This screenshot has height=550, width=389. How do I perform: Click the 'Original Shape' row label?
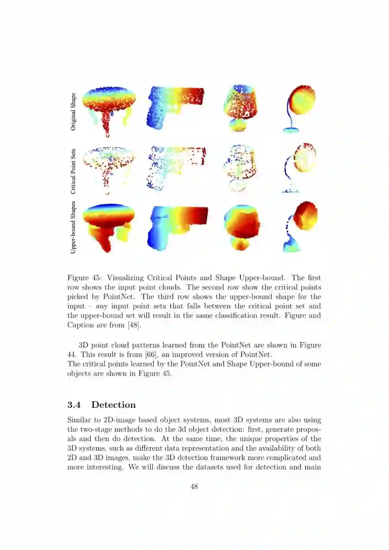73,112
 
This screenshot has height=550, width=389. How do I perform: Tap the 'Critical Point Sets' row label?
73,171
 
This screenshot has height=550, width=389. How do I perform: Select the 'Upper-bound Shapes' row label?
73,227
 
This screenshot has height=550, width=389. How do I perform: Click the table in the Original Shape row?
109,108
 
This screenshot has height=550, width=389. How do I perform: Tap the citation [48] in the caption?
134,325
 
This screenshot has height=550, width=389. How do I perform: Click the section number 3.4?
74,405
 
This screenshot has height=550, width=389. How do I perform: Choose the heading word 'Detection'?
113,405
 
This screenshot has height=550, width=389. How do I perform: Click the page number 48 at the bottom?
194,487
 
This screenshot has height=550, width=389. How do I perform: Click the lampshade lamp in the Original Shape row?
240,108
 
